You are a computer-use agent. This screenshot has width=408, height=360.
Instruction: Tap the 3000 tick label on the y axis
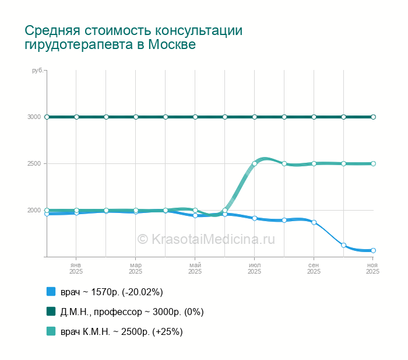click(x=34, y=117)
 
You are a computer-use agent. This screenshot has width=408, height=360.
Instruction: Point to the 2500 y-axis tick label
click(x=34, y=163)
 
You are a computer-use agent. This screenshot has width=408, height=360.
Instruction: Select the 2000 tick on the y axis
click(x=34, y=210)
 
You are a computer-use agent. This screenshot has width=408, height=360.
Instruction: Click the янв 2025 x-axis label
click(x=76, y=268)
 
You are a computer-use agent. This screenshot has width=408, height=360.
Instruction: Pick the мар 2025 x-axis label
click(x=136, y=268)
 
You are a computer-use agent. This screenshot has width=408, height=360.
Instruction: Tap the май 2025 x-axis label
click(x=195, y=268)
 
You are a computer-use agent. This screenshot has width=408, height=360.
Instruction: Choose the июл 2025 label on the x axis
click(x=255, y=268)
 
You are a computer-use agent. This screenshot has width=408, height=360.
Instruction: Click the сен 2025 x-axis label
click(x=314, y=268)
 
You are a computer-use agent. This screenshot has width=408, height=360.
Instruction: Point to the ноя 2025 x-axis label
click(x=373, y=268)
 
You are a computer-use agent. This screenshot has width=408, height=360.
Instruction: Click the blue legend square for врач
click(x=51, y=292)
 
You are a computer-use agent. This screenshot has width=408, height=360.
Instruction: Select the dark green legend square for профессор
click(x=51, y=312)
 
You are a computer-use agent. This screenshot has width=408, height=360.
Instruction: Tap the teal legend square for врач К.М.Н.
click(x=51, y=331)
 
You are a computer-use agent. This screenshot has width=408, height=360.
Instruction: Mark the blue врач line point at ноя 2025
click(x=373, y=250)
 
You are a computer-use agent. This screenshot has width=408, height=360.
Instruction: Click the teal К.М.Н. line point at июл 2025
click(x=255, y=164)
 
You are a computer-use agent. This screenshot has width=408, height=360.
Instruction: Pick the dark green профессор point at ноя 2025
click(x=373, y=117)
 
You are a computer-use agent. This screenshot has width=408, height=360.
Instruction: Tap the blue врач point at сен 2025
click(x=314, y=222)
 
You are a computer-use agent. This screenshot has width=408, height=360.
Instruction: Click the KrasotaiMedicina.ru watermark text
click(x=206, y=239)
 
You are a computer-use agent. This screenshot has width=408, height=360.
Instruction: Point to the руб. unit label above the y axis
click(x=37, y=71)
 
